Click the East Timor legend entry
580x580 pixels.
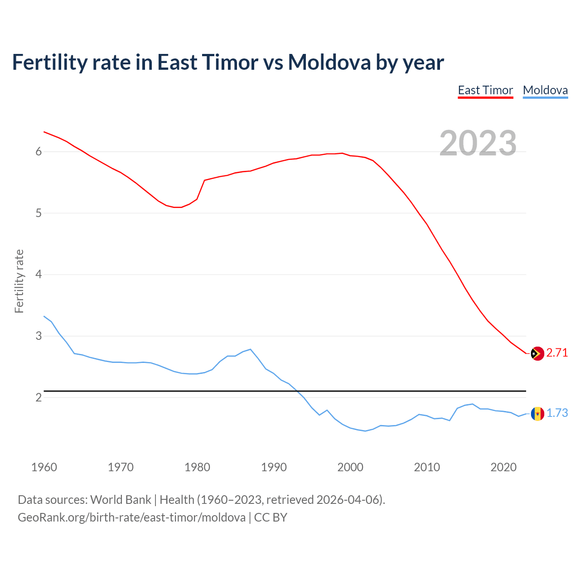pyautogui.click(x=485, y=90)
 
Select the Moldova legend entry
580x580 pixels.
pyautogui.click(x=545, y=90)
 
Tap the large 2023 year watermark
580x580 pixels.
pyautogui.click(x=478, y=143)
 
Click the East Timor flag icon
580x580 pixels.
pyautogui.click(x=537, y=353)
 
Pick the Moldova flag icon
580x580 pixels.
pyautogui.click(x=537, y=413)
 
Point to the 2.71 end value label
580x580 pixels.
pyautogui.click(x=557, y=353)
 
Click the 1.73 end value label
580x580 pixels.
pyautogui.click(x=557, y=413)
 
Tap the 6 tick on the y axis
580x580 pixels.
pyautogui.click(x=39, y=152)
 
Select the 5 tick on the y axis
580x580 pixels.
pyautogui.click(x=39, y=213)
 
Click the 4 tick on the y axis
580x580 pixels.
pyautogui.click(x=39, y=275)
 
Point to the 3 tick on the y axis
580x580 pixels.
pyautogui.click(x=39, y=336)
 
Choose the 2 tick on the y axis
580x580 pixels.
pyautogui.click(x=39, y=397)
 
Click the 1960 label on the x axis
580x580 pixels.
pyautogui.click(x=44, y=467)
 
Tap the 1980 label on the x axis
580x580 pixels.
pyautogui.click(x=197, y=467)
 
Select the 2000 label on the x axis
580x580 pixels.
pyautogui.click(x=350, y=467)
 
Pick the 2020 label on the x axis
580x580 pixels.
pyautogui.click(x=503, y=467)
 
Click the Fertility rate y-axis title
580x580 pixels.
pyautogui.click(x=19, y=281)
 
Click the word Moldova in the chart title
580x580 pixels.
pyautogui.click(x=329, y=62)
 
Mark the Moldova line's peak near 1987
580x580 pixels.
pyautogui.click(x=251, y=349)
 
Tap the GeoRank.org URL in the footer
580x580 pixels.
pyautogui.click(x=131, y=517)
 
